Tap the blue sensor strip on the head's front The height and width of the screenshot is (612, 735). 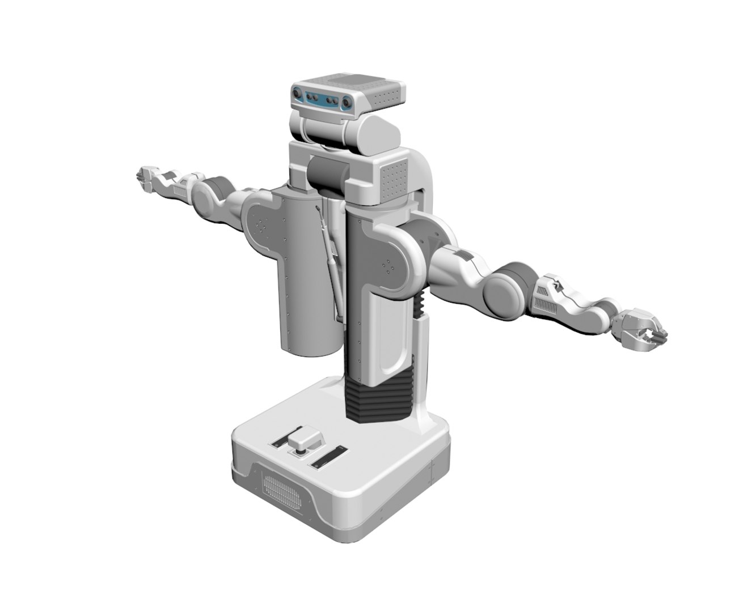[321, 100]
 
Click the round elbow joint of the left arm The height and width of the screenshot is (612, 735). [217, 190]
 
